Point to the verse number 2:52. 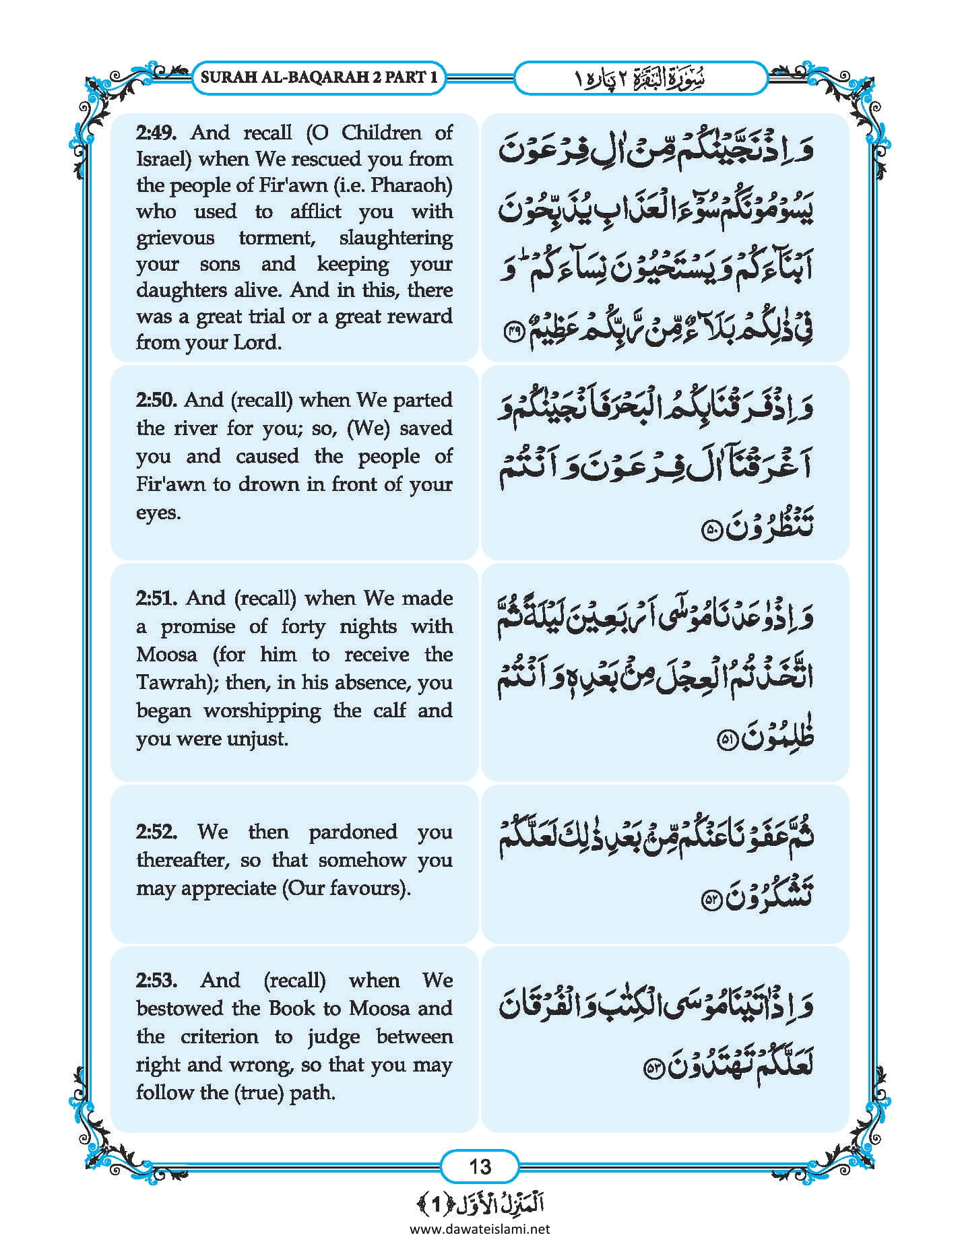pyautogui.click(x=156, y=832)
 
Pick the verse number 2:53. pyautogui.click(x=156, y=980)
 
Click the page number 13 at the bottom pyautogui.click(x=480, y=1166)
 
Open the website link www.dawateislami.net pyautogui.click(x=480, y=1228)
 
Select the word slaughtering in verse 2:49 pyautogui.click(x=395, y=238)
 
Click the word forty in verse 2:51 pyautogui.click(x=303, y=626)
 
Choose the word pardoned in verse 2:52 pyautogui.click(x=352, y=832)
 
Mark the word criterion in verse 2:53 pyautogui.click(x=220, y=1037)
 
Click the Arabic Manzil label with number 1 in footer pyautogui.click(x=480, y=1204)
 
